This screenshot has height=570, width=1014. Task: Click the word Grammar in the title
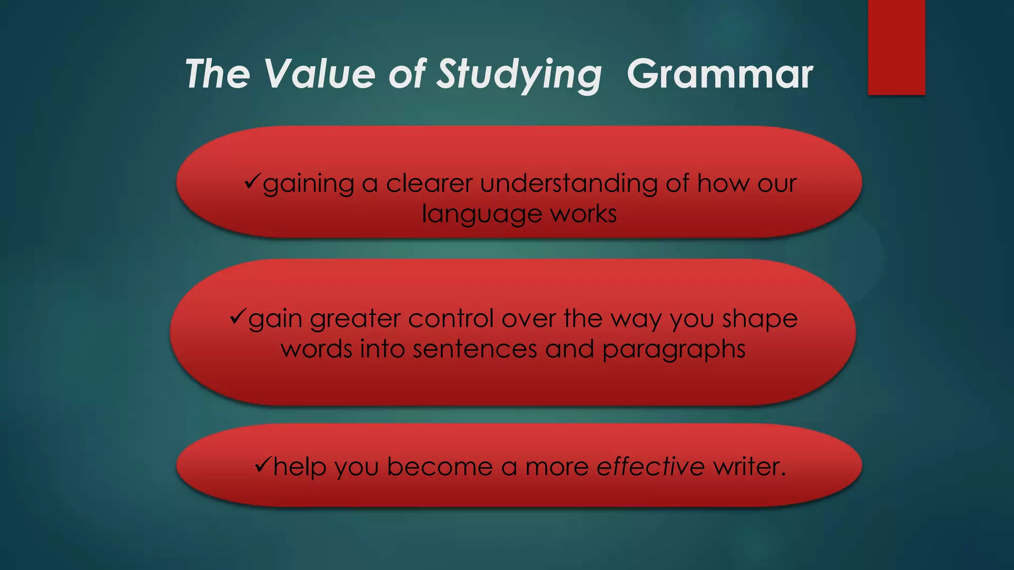click(719, 74)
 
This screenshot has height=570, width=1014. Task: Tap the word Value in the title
click(319, 74)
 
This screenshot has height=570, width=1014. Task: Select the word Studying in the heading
click(519, 75)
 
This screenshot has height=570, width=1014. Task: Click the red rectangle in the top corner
click(896, 47)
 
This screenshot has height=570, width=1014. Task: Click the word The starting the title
click(217, 74)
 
